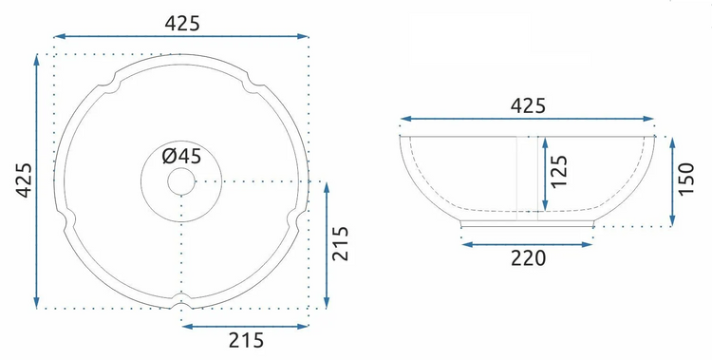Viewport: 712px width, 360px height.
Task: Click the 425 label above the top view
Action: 181,23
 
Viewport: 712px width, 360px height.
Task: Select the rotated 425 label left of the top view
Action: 24,180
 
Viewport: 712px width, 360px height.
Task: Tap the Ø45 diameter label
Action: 181,157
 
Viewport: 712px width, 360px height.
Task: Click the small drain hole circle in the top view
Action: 181,181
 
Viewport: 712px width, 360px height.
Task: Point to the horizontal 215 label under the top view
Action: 246,340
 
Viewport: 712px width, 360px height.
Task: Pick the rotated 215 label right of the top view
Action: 340,243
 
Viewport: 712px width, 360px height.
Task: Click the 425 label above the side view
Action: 528,105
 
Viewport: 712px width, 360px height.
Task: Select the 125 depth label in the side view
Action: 559,171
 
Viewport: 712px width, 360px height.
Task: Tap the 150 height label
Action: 685,179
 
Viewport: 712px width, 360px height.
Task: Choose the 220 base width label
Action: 528,258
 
